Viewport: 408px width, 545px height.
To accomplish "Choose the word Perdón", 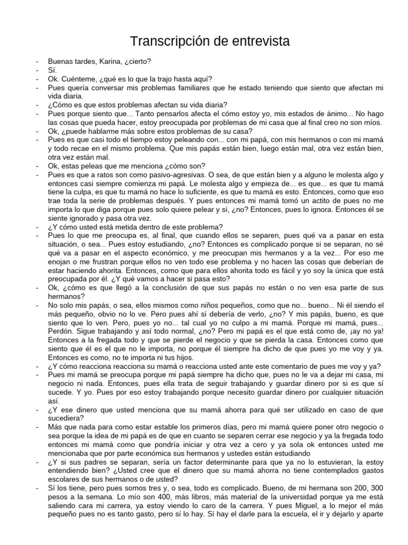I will (x=62, y=332).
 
